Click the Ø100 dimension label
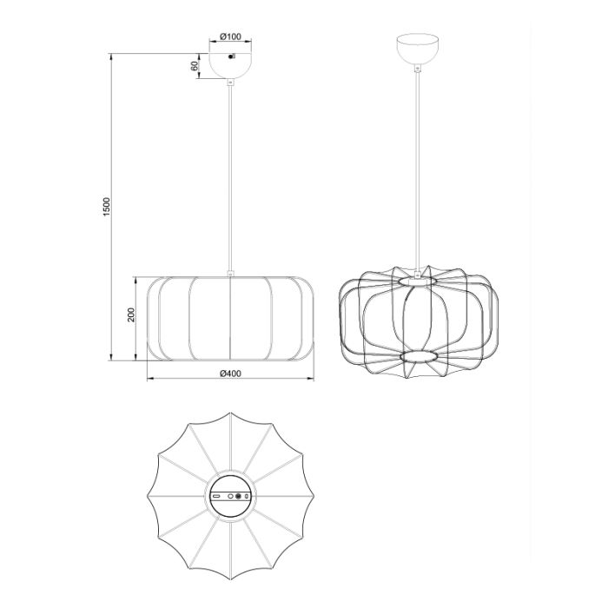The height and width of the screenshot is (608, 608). tap(230, 36)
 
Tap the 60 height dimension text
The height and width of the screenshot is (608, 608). tap(195, 65)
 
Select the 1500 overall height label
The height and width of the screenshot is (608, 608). tap(107, 207)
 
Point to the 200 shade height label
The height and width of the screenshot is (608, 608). tap(130, 314)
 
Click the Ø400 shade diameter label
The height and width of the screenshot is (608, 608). tap(230, 373)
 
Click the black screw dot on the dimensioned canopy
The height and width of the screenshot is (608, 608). tap(231, 57)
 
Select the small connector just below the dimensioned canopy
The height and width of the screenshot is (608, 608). tap(230, 82)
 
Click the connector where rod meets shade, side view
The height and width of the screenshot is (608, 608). tap(230, 273)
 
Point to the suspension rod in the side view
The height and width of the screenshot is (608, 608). tap(230, 177)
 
